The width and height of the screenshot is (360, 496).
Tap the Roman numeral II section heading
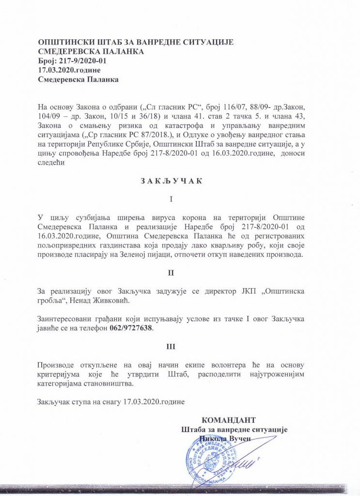pos(171,273)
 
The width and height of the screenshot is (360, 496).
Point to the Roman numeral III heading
pos(171,347)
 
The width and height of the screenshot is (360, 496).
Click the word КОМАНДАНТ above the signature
pos(228,420)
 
